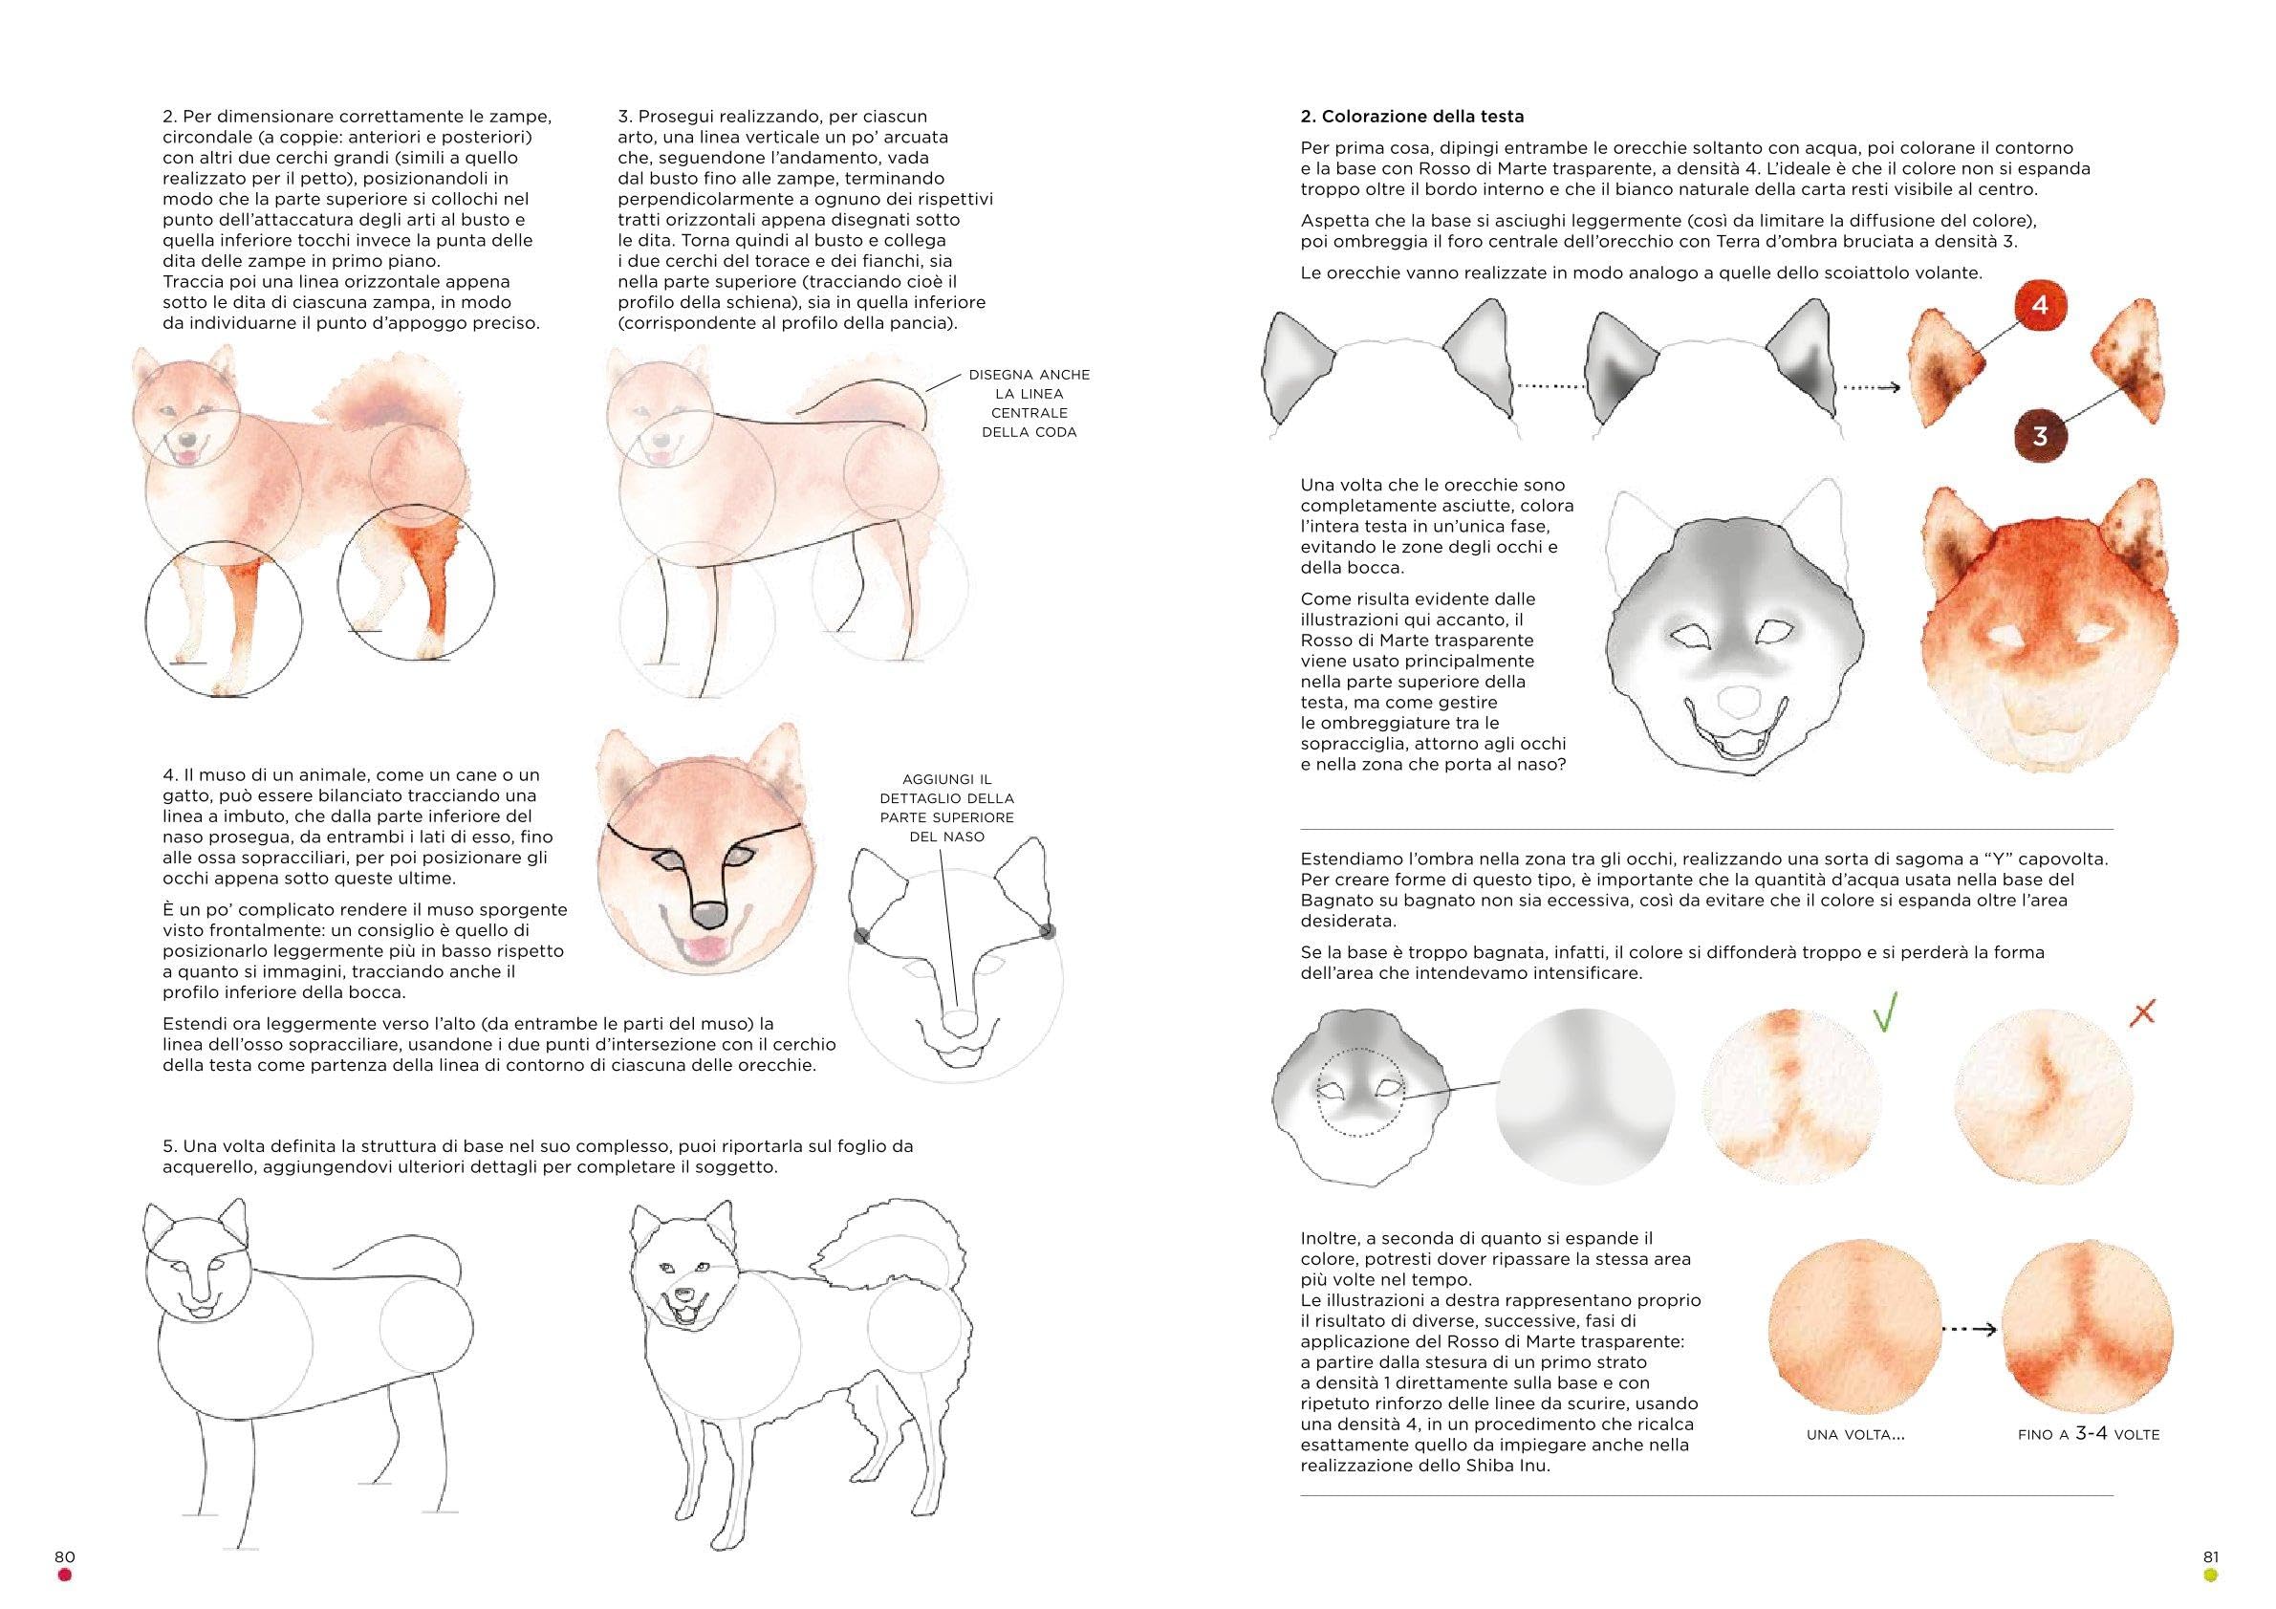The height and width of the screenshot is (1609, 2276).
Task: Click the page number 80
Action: point(64,1556)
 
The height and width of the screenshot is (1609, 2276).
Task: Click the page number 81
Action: point(2210,1556)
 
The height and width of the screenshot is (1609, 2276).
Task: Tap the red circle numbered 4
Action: point(2039,306)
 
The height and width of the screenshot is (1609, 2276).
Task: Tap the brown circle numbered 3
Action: point(2039,436)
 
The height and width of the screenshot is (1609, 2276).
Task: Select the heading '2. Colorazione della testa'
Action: point(1412,117)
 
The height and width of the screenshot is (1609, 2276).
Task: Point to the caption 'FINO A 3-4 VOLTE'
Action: point(2088,1433)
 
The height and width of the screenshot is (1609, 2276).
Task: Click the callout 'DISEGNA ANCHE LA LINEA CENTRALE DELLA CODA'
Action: point(1029,403)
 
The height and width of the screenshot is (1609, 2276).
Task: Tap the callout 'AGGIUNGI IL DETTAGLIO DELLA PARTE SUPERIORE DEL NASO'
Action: point(946,808)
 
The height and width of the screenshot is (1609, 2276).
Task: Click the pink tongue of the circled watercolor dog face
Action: point(704,954)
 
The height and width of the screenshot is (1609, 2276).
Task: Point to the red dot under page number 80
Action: point(64,1576)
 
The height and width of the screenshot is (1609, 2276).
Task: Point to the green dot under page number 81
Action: point(2210,1576)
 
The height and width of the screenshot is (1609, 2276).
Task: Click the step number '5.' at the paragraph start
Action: point(169,1147)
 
